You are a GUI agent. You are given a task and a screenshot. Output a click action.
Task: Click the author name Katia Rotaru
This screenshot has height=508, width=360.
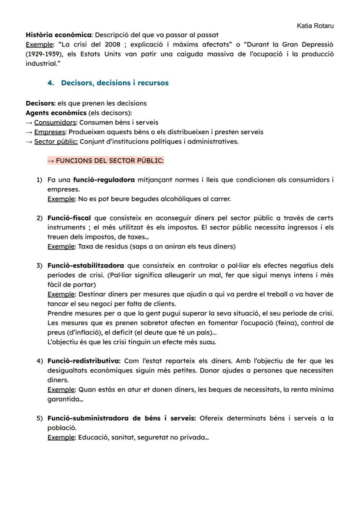point(315,26)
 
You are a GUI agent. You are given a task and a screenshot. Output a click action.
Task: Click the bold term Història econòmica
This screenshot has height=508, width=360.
point(58,35)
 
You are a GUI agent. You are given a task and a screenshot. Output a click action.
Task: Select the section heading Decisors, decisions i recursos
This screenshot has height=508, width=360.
point(115,83)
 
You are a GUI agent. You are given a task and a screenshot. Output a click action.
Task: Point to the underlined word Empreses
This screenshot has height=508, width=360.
point(50,132)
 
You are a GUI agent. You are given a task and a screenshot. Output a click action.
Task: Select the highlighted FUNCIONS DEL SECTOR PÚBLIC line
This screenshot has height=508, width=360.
point(105,161)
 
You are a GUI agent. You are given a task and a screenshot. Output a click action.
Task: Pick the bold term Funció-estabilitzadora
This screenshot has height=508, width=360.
point(85,266)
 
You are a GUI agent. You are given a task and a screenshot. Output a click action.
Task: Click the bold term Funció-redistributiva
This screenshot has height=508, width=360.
point(83,361)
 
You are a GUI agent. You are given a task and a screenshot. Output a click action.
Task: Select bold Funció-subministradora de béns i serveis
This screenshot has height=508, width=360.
point(122,418)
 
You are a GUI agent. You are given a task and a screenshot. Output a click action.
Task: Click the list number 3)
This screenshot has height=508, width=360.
point(40,266)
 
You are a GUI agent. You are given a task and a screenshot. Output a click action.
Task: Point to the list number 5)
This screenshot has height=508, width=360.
point(40,418)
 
